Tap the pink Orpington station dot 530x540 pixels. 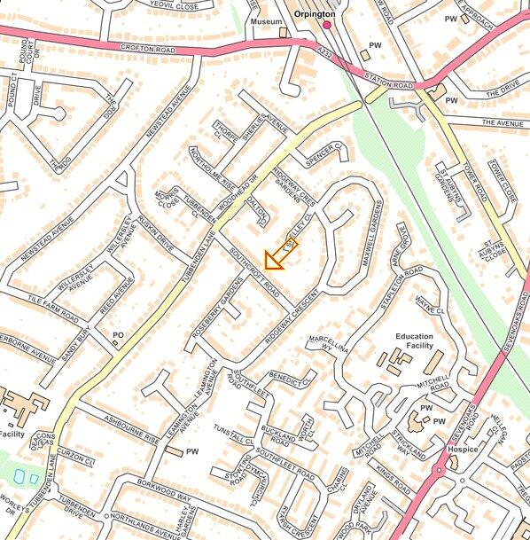coord(326,26)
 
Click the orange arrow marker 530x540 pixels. coord(281,254)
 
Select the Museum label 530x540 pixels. coord(266,20)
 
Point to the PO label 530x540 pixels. coord(118,333)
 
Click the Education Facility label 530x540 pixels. coord(415,341)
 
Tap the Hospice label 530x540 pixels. coord(463,450)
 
